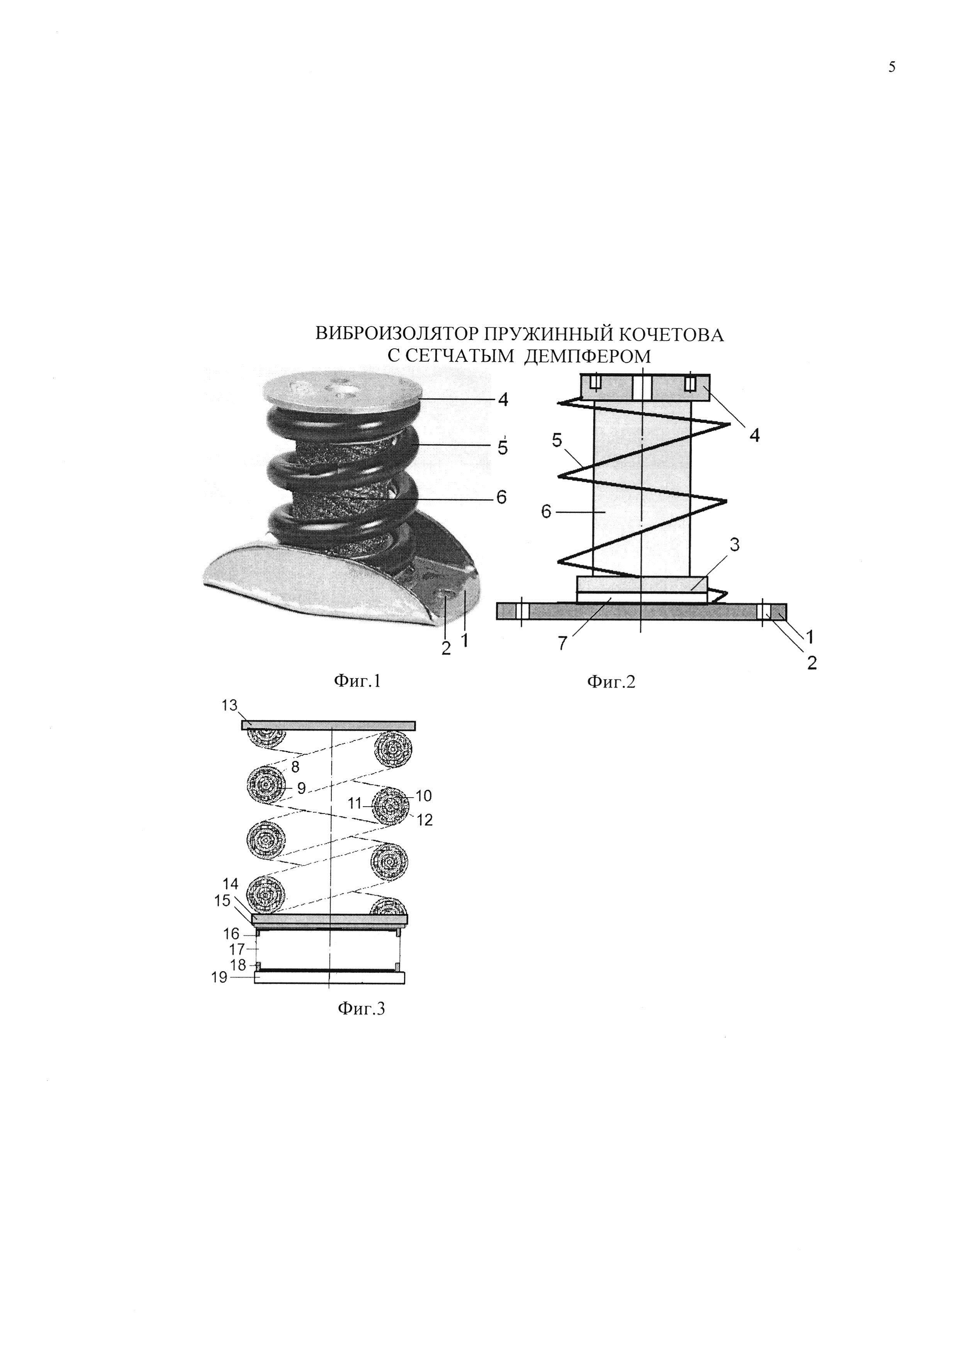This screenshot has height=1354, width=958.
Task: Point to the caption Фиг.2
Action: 611,682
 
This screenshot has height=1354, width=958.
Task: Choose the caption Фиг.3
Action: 361,1009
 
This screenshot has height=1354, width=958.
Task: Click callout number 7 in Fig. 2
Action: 562,643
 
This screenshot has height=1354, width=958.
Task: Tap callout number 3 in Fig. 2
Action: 734,544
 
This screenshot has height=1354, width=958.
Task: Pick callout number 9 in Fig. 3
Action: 301,788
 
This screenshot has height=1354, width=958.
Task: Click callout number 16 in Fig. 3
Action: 232,934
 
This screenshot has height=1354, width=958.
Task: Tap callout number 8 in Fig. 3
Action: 295,767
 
